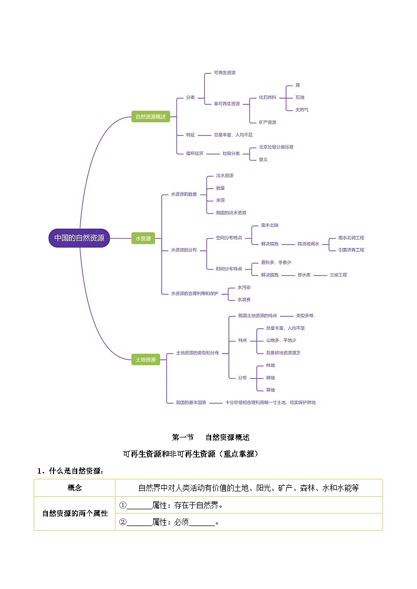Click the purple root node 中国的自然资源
point(79,238)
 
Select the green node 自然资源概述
point(150,116)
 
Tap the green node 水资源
point(143,238)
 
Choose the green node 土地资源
point(145,359)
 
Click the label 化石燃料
point(267,98)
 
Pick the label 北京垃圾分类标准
point(272,147)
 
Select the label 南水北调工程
point(351,238)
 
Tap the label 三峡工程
point(338,275)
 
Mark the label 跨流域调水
point(308,244)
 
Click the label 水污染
point(244,287)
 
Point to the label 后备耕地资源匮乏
point(283,352)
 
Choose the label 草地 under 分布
point(270,390)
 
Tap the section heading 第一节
point(183,437)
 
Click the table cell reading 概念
point(75,488)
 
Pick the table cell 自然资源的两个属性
point(75,513)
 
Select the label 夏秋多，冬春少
point(276,262)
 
